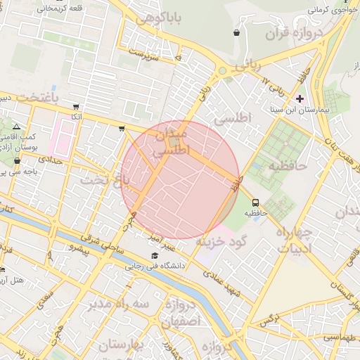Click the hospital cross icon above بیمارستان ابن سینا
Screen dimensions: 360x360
(300, 98)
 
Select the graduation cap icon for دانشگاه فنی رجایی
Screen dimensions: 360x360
(154, 255)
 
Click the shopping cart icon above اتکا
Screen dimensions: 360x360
(76, 107)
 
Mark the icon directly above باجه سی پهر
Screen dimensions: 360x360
(17, 160)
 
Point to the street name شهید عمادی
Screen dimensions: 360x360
(226, 283)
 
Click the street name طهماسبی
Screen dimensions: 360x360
(339, 337)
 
